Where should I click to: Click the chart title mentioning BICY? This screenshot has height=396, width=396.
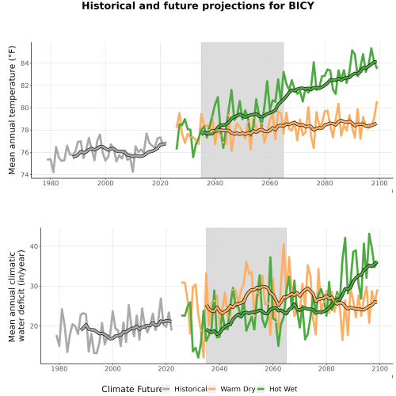(198, 6)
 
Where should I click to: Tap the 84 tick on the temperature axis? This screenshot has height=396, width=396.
(25, 63)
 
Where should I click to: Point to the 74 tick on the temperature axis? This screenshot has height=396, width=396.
(25, 175)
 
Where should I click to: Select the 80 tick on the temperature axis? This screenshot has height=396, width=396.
(25, 108)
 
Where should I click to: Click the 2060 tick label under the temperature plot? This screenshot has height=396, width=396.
(270, 183)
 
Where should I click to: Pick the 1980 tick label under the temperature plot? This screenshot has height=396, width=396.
(51, 183)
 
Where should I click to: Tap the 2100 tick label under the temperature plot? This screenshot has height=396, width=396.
(379, 183)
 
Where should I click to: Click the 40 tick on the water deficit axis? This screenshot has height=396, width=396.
(35, 246)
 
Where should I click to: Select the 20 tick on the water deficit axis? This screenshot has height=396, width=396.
(35, 326)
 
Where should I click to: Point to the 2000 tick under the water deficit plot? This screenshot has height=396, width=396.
(112, 368)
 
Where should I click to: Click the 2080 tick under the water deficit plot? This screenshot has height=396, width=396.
(326, 368)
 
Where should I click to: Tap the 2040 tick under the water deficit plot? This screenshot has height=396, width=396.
(219, 368)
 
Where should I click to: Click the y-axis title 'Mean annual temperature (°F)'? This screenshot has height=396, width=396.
(12, 110)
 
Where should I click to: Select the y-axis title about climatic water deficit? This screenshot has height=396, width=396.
(17, 295)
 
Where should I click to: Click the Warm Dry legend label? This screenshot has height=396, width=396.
(238, 389)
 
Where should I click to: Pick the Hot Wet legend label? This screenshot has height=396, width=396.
(283, 389)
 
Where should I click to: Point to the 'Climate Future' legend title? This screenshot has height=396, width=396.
(131, 389)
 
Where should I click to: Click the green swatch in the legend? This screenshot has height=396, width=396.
(261, 389)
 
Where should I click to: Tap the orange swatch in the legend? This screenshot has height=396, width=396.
(212, 389)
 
